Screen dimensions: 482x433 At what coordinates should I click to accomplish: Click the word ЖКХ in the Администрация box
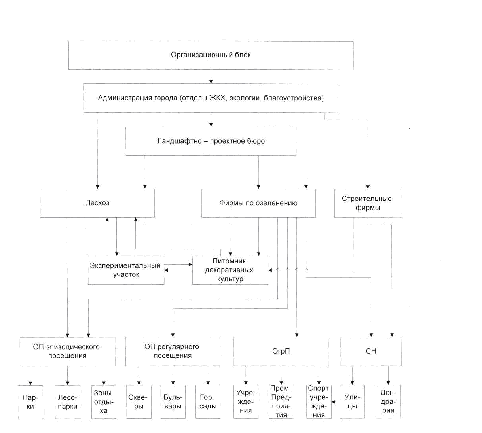coord(217,98)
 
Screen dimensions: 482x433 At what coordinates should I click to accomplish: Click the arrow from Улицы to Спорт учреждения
coord(336,402)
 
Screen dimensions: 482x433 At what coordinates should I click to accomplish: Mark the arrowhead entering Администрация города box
coord(211,81)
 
